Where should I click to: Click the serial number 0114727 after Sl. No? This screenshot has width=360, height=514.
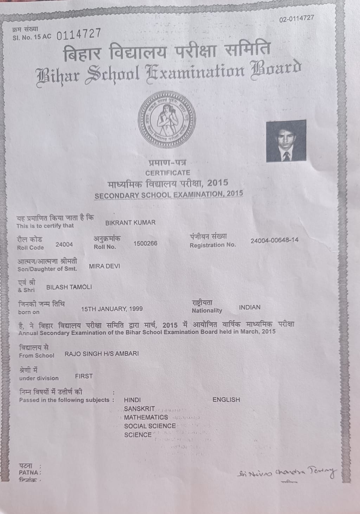tap(79, 34)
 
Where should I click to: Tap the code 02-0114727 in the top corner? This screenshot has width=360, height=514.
tap(296, 19)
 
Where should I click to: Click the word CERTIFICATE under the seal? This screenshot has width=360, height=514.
tap(168, 173)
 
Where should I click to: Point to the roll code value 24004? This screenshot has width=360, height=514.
tap(64, 245)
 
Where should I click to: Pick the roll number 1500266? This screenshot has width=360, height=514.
tap(145, 243)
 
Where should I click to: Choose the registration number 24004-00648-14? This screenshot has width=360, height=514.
tap(274, 240)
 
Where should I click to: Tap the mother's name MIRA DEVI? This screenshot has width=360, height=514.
tap(104, 266)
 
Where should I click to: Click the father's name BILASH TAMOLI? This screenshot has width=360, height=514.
tap(69, 287)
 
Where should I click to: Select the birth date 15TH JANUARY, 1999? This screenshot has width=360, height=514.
tap(112, 309)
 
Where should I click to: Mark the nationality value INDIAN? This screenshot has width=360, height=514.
tap(250, 307)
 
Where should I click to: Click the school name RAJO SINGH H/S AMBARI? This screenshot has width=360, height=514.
tap(102, 353)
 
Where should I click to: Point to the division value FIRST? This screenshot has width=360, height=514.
tap(84, 376)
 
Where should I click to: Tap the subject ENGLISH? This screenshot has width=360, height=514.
tap(226, 400)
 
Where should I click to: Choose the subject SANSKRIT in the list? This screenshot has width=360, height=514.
tap(139, 409)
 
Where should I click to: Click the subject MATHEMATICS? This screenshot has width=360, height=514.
tap(146, 417)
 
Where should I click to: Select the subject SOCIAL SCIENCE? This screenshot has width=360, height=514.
tap(150, 426)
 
